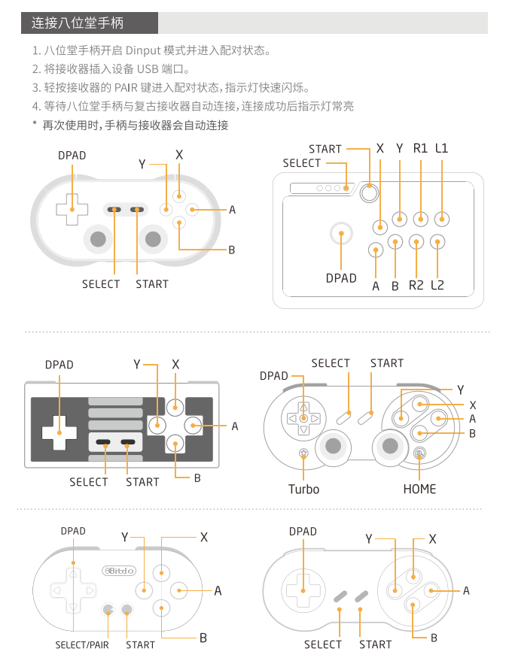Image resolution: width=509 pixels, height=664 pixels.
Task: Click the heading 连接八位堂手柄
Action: click(78, 23)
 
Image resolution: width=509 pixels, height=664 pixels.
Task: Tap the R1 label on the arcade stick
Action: click(420, 148)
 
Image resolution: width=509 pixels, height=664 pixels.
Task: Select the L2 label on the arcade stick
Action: click(437, 285)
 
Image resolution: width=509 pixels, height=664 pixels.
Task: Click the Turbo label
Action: click(303, 489)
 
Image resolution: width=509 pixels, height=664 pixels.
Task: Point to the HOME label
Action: click(419, 489)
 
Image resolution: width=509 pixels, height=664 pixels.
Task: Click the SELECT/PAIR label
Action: click(81, 644)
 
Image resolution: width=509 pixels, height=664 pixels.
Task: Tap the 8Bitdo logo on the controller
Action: click(119, 571)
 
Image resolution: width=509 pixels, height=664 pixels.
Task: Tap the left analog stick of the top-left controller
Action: click(98, 239)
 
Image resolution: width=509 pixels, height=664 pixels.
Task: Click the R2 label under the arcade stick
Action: click(416, 285)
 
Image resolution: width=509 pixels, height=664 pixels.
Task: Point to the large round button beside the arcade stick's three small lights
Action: click(368, 193)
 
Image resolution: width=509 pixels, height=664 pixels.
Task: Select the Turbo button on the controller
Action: click(303, 453)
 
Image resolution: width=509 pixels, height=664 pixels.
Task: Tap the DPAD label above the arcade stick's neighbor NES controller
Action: click(59, 365)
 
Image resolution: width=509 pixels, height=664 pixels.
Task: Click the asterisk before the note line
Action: click(34, 125)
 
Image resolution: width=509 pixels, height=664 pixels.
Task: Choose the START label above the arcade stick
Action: click(325, 149)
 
